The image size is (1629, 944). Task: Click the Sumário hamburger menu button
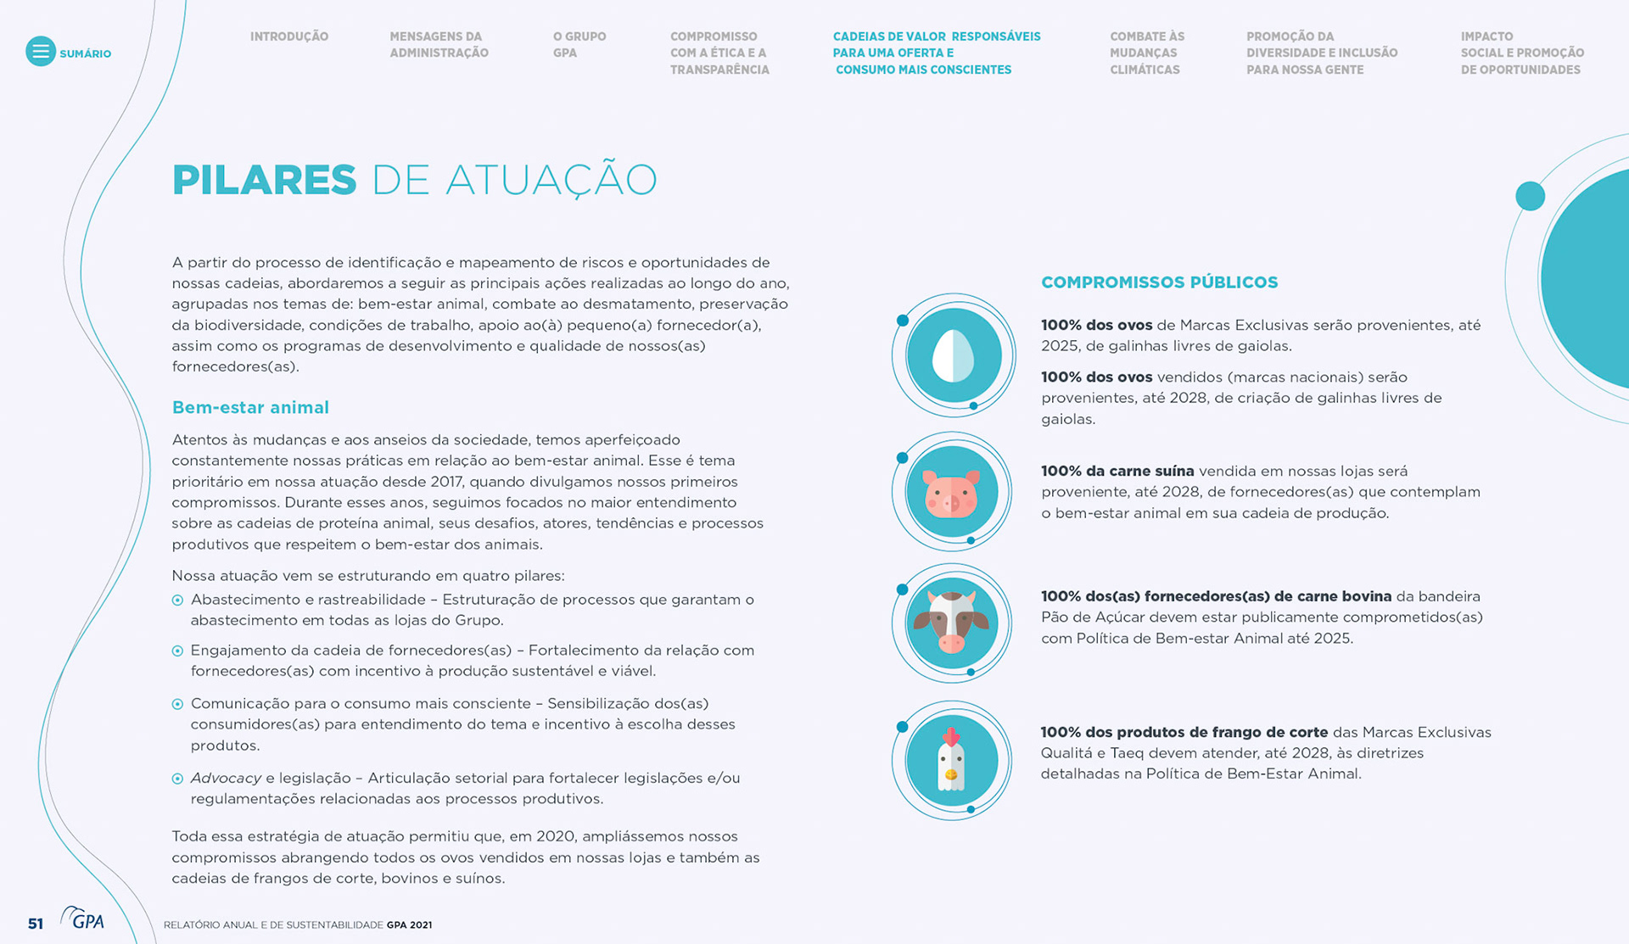click(40, 52)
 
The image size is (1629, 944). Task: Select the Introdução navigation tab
click(288, 36)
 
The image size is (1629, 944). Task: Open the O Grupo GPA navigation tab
click(579, 45)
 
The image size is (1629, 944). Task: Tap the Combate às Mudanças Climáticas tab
click(1146, 53)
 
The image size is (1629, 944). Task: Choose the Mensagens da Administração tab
click(439, 45)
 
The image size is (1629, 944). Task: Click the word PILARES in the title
click(264, 180)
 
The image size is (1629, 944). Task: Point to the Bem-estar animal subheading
click(250, 408)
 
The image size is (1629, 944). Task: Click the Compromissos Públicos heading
click(1159, 282)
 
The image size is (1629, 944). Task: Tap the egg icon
click(954, 355)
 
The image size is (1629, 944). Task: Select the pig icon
click(952, 493)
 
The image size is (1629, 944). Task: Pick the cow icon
click(952, 623)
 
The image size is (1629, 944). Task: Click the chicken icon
click(952, 760)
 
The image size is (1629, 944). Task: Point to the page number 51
click(36, 924)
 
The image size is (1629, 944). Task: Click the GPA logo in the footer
click(83, 919)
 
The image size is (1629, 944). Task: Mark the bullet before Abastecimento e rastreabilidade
click(177, 600)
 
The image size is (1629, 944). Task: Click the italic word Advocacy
click(226, 779)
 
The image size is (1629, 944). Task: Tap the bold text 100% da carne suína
click(1117, 472)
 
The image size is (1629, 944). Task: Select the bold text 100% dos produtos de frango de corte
click(1184, 733)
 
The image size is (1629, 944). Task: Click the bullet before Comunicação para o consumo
click(177, 704)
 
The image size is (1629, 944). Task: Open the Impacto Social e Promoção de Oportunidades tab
click(1522, 53)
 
